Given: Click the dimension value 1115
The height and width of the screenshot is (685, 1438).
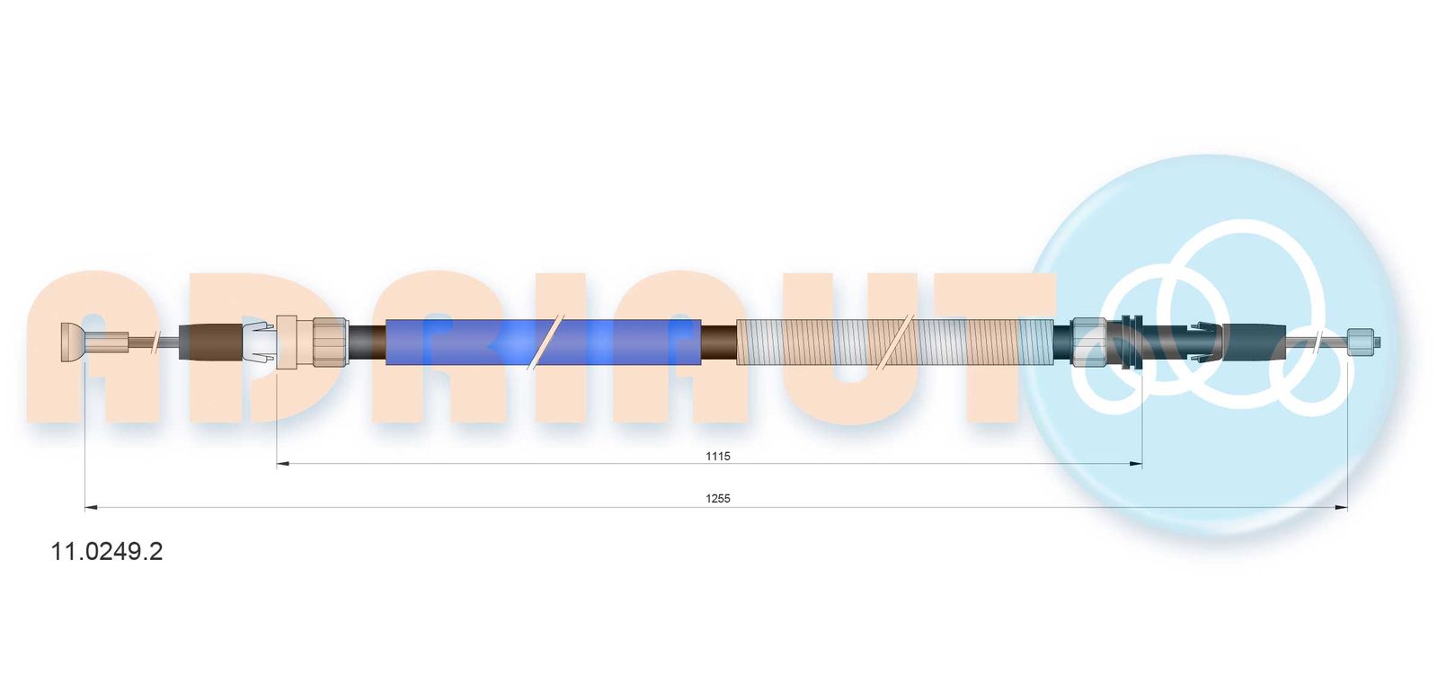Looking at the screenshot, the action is [x=718, y=457].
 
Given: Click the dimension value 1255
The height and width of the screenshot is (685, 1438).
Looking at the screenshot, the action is [x=718, y=499].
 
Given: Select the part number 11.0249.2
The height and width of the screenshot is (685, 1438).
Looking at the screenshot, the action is [x=107, y=551].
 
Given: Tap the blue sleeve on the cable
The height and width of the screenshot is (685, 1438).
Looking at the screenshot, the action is [x=543, y=342].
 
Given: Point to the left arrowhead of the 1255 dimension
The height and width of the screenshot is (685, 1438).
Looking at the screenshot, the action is [x=91, y=508].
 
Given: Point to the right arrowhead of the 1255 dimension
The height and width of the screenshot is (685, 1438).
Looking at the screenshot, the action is [x=1341, y=508].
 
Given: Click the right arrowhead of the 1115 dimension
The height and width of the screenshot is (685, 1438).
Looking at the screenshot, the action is [x=1136, y=464].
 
